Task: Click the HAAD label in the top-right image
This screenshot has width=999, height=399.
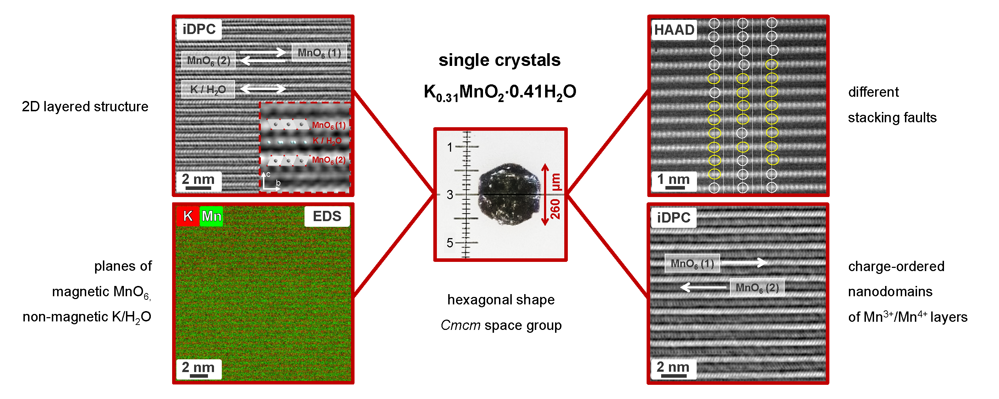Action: [x=674, y=30]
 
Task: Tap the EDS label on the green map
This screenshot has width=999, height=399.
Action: [x=326, y=216]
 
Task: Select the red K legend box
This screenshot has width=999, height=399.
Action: [x=188, y=216]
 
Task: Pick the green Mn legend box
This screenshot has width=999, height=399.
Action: [x=212, y=216]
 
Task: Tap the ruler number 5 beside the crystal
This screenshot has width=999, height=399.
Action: [x=450, y=243]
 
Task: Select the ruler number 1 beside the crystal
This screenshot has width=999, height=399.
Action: [x=450, y=147]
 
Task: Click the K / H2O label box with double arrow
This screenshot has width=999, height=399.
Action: [x=208, y=90]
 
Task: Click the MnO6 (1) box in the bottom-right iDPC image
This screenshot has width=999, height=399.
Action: [x=692, y=263]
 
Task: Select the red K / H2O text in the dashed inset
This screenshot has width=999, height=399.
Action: [x=327, y=141]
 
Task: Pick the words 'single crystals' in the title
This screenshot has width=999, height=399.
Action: [x=500, y=60]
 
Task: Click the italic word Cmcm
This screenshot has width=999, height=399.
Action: [x=460, y=325]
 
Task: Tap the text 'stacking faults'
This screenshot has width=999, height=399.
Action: [x=892, y=117]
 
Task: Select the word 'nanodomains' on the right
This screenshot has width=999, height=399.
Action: [x=890, y=291]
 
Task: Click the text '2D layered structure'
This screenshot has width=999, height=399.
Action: [x=85, y=107]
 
